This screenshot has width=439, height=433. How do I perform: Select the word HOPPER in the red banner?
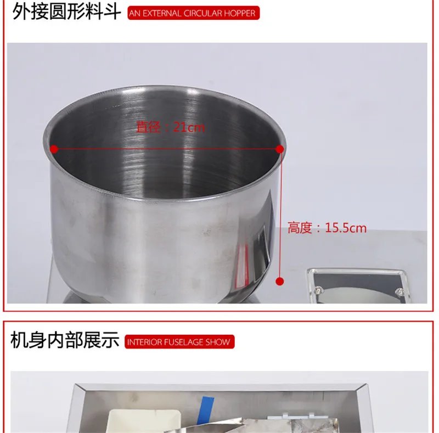point(239,13)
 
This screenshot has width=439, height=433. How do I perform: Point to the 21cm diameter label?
point(171,127)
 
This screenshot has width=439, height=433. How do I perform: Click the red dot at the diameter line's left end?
point(54,149)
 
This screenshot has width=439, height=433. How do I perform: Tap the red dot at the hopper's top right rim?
point(280,149)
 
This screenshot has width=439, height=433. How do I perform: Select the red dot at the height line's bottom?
point(280,282)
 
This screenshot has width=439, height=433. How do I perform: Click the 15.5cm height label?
point(327,228)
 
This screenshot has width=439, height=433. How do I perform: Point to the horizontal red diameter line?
point(165,149)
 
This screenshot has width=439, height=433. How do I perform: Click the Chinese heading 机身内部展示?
point(65,341)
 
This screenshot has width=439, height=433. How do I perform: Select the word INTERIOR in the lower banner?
point(144,342)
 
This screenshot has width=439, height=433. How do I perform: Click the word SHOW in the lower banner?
point(218,342)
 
